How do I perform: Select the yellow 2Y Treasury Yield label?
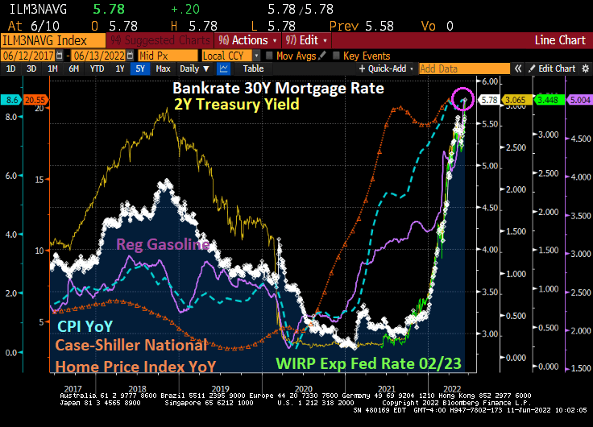click(236, 104)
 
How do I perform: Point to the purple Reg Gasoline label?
click(164, 244)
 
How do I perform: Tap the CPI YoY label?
click(84, 325)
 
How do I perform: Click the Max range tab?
click(162, 69)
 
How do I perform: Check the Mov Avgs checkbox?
click(269, 56)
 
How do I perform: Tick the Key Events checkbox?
click(336, 56)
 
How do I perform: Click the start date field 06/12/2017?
click(22, 56)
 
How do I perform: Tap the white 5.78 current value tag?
click(487, 100)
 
